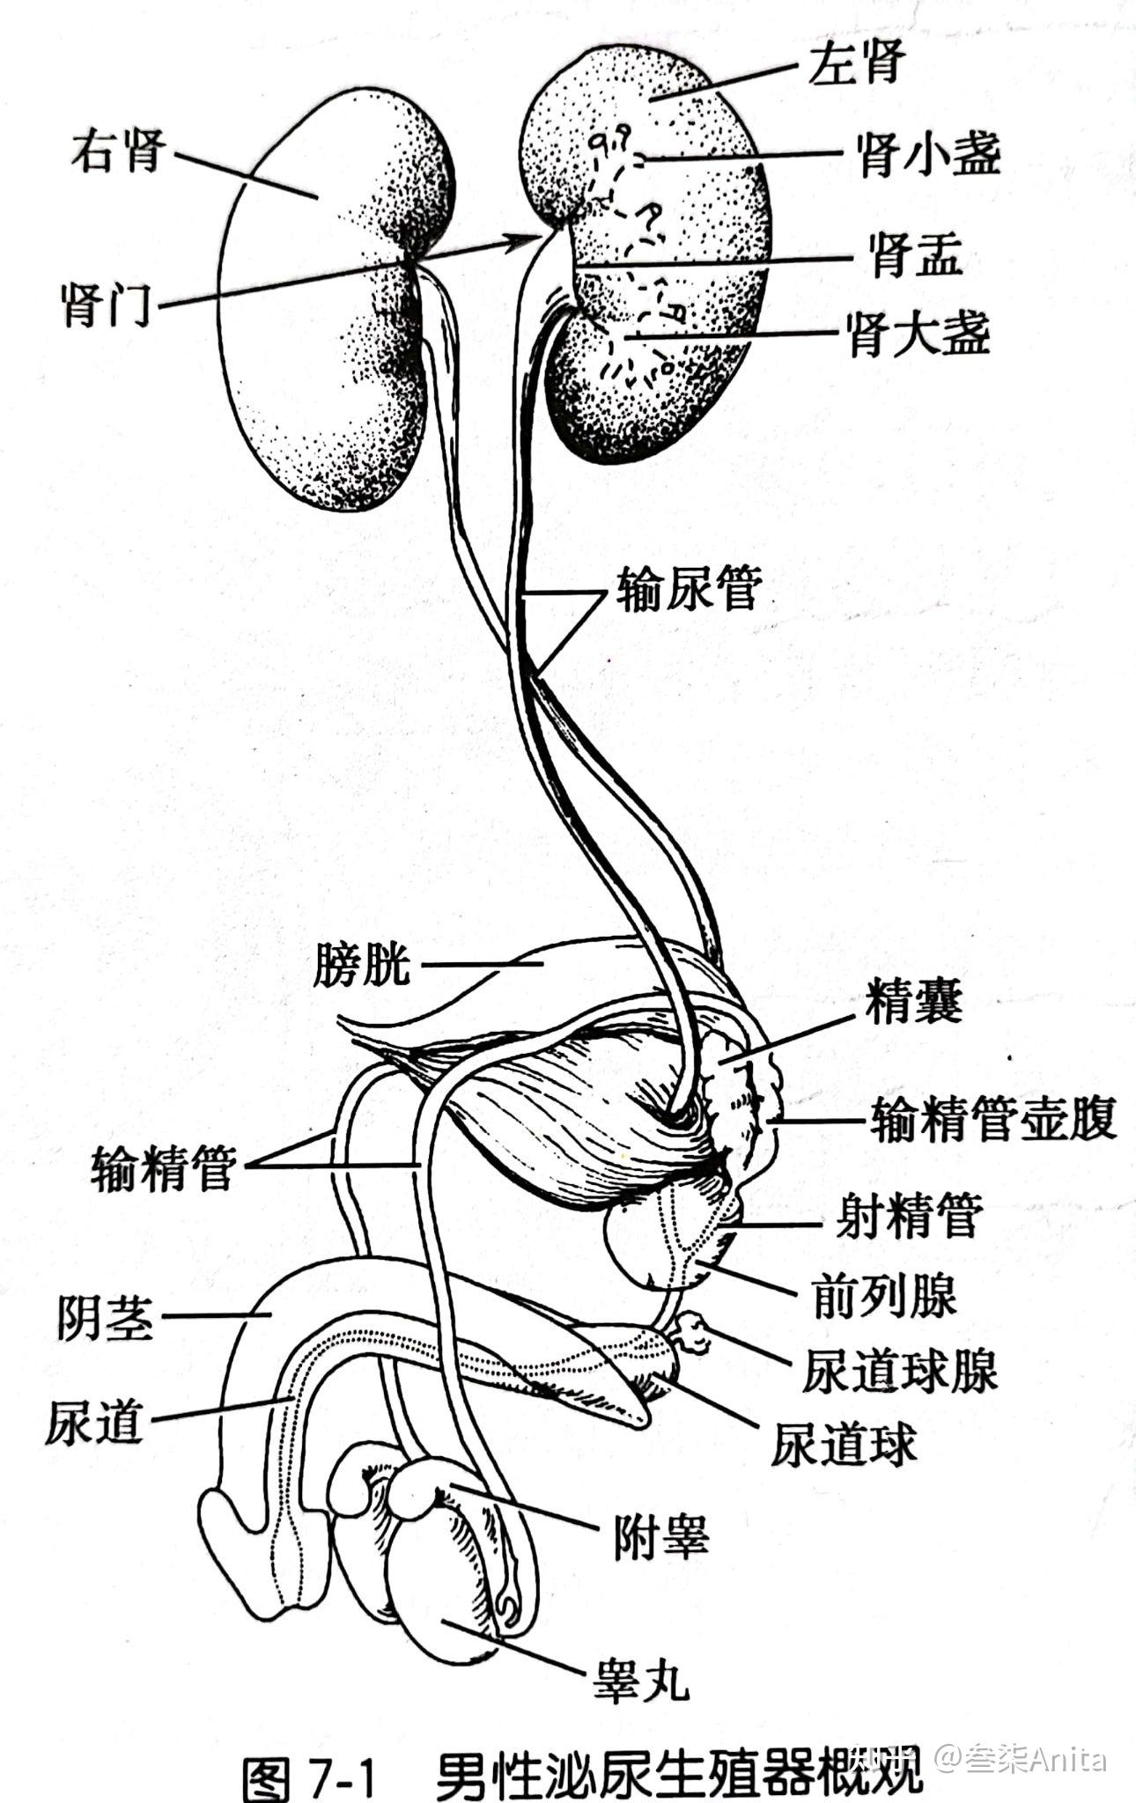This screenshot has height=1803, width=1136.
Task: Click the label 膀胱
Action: [x=362, y=964]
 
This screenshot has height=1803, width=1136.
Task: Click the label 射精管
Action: [x=908, y=1218]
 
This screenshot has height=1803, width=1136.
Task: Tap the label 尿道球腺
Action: [x=899, y=1371]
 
